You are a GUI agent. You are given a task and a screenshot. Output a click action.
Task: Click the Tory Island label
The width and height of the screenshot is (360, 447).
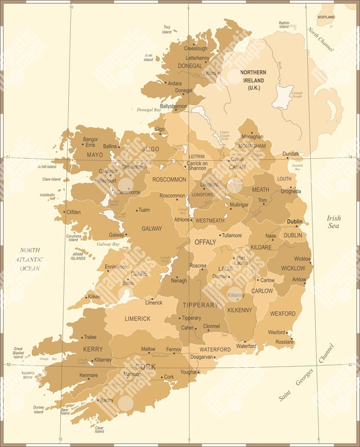point(167,29)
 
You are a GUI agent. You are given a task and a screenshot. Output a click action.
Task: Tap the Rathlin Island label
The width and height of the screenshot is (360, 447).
point(283,25)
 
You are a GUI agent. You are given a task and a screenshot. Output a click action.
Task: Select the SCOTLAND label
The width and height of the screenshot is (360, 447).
point(326,17)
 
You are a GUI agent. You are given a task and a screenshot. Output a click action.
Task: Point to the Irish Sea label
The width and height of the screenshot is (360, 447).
point(333,221)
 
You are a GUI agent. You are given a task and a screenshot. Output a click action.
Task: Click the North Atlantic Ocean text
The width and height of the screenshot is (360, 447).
point(30,259)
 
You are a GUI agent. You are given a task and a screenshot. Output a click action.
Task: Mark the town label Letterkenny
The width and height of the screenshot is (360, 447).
point(198,58)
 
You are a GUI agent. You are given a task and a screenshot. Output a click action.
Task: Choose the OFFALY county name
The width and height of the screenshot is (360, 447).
point(205,242)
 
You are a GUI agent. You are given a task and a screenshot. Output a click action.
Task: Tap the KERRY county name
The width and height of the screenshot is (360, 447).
point(93,349)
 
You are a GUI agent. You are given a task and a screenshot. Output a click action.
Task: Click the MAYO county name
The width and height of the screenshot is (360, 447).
point(94,155)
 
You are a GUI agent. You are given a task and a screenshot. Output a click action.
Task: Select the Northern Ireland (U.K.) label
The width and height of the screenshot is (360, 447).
point(253,80)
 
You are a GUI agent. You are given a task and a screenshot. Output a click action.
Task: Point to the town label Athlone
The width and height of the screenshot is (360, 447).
point(182,220)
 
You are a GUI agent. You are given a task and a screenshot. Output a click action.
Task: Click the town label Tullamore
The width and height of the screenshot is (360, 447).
point(232,235)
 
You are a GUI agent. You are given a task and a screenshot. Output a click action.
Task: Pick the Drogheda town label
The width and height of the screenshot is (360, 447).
point(290,191)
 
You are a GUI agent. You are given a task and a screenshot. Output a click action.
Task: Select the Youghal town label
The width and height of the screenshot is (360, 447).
point(188,372)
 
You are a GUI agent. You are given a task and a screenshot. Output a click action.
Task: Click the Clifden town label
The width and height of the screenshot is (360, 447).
point(74,212)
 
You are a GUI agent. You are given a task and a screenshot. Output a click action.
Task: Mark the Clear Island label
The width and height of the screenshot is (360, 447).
point(99,429)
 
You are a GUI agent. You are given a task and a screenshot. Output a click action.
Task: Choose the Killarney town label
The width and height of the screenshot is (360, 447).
point(103,359)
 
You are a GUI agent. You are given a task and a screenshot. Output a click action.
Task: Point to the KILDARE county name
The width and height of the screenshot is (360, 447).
point(261,247)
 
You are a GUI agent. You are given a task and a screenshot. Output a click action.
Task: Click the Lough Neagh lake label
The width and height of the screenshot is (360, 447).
point(297,95)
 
